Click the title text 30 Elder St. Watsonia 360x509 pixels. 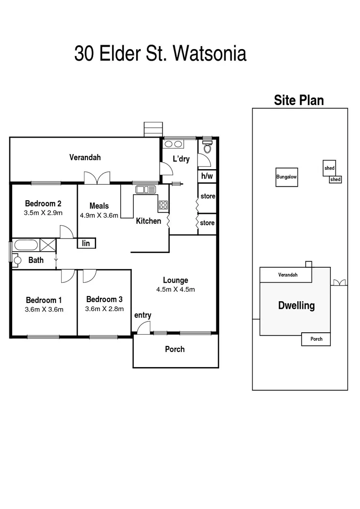[x=160, y=54]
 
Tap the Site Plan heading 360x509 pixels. [x=299, y=100]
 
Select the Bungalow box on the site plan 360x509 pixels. [x=286, y=177]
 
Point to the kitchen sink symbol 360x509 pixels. [x=146, y=189]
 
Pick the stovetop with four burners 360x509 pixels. [x=163, y=205]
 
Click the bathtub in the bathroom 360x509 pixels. [x=26, y=245]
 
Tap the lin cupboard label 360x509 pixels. [x=86, y=243]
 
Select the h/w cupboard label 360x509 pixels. [x=207, y=176]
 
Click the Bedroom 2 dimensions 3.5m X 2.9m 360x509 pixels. [x=43, y=213]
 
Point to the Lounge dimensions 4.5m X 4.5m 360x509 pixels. [x=176, y=289]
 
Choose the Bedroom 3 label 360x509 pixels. [x=104, y=299]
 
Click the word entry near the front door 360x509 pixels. [x=142, y=315]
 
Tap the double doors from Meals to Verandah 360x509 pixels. [x=97, y=177]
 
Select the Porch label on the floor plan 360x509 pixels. [x=175, y=349]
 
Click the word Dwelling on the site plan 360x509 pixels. [x=296, y=305]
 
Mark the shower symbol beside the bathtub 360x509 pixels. [x=48, y=245]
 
